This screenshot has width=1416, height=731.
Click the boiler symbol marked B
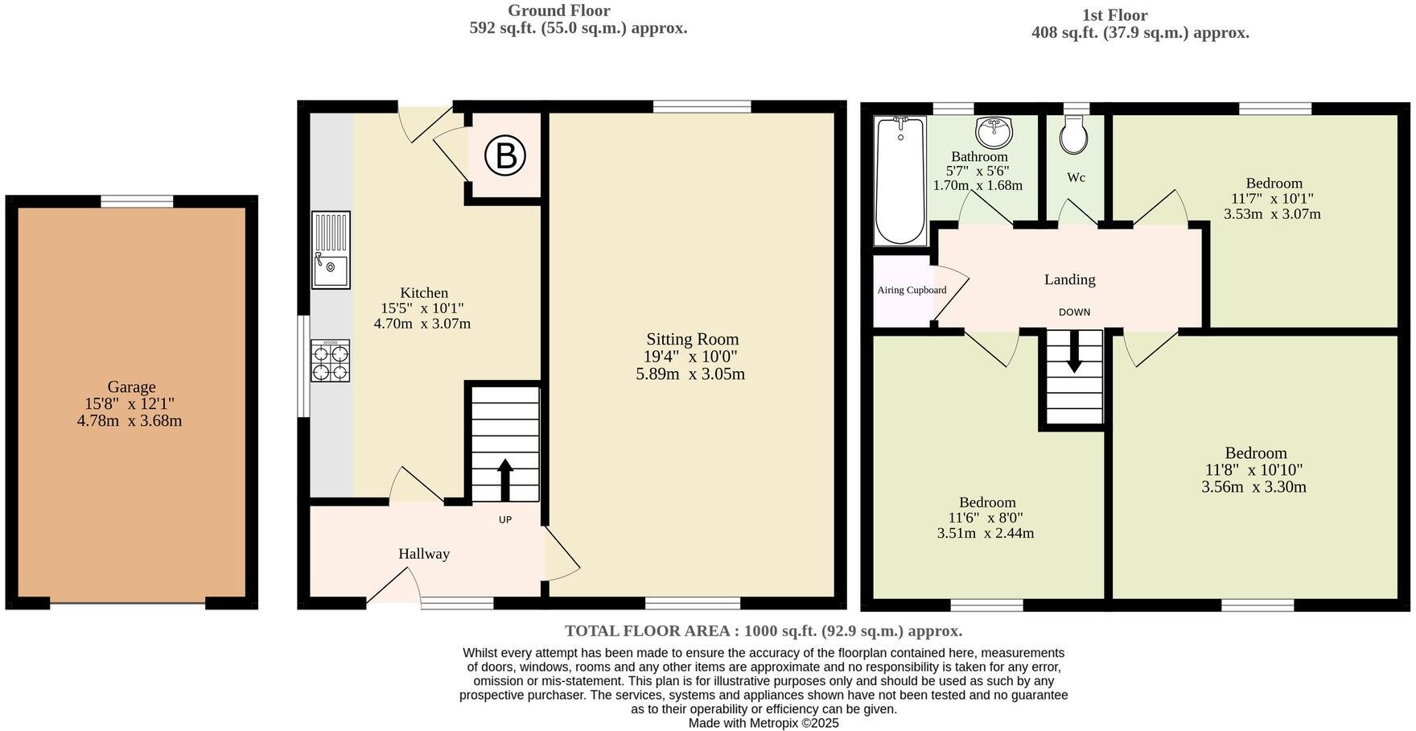click(505, 155)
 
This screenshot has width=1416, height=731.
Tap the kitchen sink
click(331, 250)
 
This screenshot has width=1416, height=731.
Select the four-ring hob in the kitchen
click(331, 361)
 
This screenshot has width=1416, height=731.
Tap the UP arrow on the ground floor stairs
click(505, 480)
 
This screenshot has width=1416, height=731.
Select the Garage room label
click(131, 387)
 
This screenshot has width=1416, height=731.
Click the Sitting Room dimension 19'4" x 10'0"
click(690, 357)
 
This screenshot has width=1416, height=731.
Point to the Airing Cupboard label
click(912, 290)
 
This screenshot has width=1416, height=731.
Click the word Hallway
click(424, 554)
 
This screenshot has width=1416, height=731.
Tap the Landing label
click(1069, 279)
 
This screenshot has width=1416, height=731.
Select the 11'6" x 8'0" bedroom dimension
click(986, 518)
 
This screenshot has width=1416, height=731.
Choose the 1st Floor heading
click(1114, 14)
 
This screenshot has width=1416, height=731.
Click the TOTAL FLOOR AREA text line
click(764, 631)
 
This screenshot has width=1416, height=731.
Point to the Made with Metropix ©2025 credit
click(764, 723)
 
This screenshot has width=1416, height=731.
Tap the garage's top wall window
click(137, 201)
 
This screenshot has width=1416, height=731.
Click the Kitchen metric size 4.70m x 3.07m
click(422, 324)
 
